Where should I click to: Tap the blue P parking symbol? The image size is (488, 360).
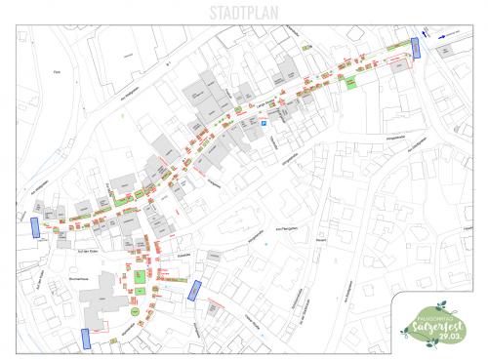click(x=262, y=121)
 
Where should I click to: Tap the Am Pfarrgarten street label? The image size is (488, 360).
click(x=292, y=228)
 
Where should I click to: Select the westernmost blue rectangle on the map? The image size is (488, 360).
click(x=35, y=227)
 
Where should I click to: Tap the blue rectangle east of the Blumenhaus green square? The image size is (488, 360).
click(x=194, y=290)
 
